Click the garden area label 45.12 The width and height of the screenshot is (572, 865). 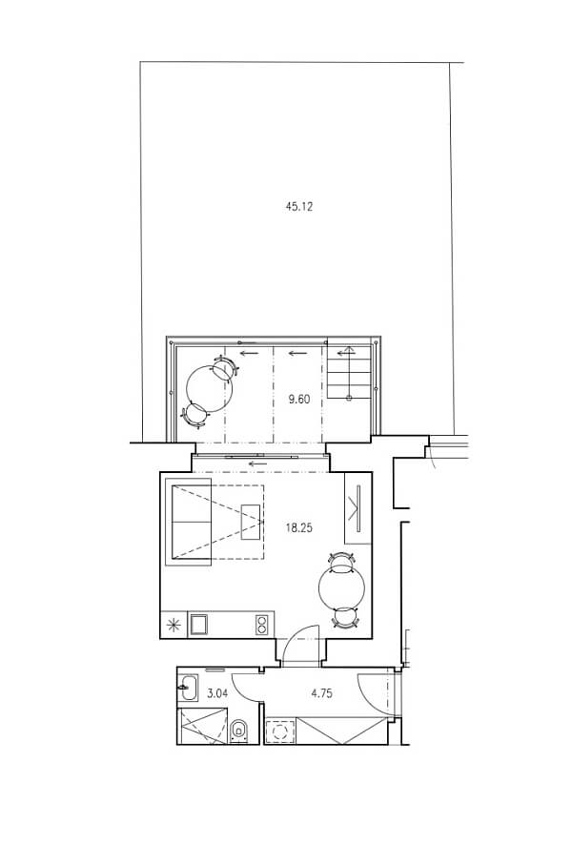(299, 207)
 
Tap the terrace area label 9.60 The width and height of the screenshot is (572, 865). (299, 399)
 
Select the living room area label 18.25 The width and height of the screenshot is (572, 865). (299, 528)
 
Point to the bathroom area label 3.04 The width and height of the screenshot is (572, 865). (216, 693)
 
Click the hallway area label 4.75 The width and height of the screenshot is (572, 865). (321, 693)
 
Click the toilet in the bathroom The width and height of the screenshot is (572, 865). (239, 730)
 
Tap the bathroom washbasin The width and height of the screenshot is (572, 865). (187, 688)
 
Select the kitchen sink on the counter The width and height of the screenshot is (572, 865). (198, 625)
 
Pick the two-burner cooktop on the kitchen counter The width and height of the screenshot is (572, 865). (261, 625)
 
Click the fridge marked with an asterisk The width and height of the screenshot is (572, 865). (174, 625)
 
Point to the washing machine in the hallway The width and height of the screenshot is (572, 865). (281, 731)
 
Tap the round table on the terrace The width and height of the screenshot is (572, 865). (209, 387)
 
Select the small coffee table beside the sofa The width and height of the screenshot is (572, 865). (251, 522)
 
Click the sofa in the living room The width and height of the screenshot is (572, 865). (188, 522)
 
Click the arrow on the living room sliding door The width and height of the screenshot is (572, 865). (258, 463)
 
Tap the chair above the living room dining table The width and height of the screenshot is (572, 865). (342, 561)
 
